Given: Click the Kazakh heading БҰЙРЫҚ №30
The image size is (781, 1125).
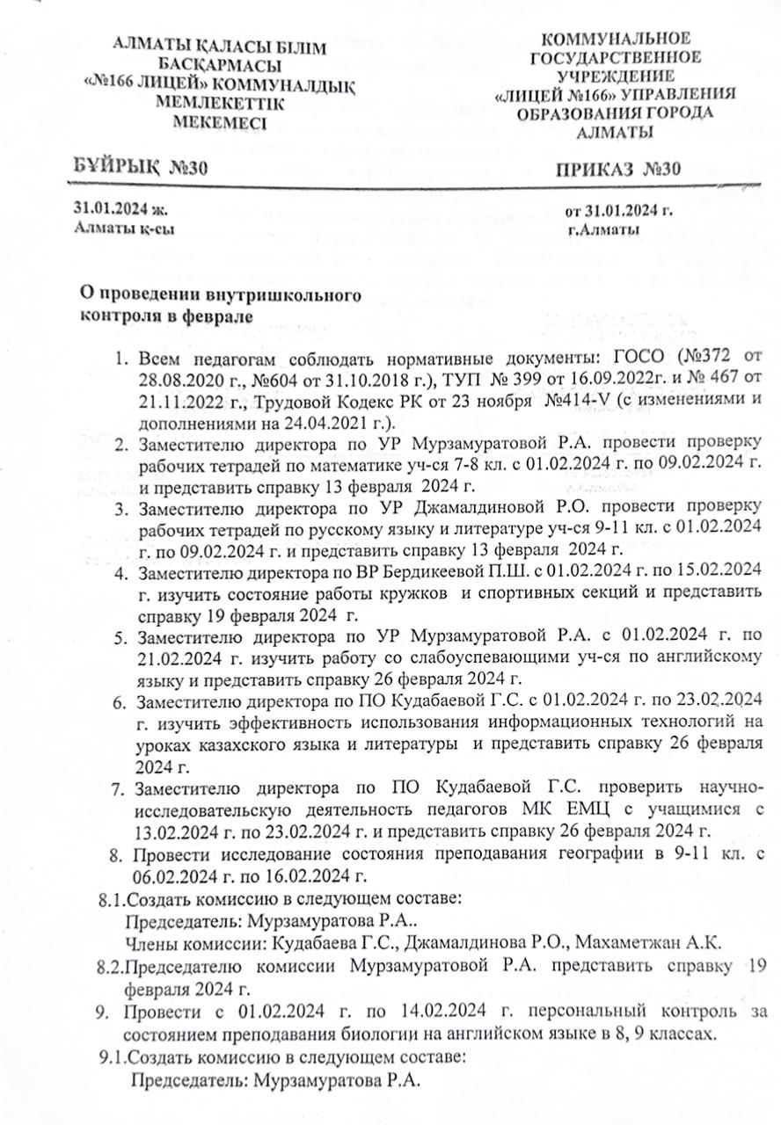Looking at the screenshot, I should (x=141, y=169).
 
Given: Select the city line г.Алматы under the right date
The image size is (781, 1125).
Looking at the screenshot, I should (x=604, y=230).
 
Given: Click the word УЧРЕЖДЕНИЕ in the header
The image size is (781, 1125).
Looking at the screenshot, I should (x=615, y=76).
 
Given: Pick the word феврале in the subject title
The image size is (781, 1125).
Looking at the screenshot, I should (x=213, y=316).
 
